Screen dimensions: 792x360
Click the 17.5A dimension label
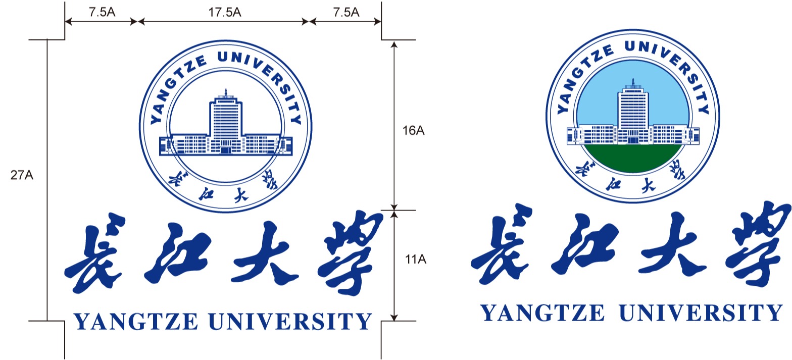click(224, 12)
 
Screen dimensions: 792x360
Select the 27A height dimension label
click(22, 175)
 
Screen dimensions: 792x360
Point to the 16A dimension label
click(413, 131)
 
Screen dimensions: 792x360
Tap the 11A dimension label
click(415, 260)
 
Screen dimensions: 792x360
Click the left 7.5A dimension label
click(102, 12)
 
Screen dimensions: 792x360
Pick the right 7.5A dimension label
click(346, 12)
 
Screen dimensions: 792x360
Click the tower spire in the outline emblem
click(226, 92)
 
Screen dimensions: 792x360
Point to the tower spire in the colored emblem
click(633, 82)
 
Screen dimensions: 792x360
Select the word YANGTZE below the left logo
click(136, 321)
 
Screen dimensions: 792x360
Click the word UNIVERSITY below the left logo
click(290, 321)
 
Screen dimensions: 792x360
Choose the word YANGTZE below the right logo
click(542, 313)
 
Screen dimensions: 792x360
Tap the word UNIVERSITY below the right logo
click(701, 313)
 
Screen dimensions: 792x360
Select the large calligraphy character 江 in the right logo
click(585, 245)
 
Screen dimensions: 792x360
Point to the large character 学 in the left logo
click(350, 252)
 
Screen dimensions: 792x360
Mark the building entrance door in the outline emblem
click(225, 150)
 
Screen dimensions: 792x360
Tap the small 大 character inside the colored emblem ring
click(649, 185)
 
